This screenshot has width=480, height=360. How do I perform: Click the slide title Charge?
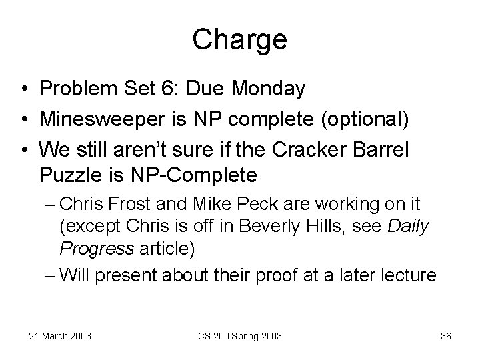(239, 41)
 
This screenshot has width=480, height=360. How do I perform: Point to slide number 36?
(446, 335)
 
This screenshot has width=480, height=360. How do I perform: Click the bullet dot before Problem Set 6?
(23, 89)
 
